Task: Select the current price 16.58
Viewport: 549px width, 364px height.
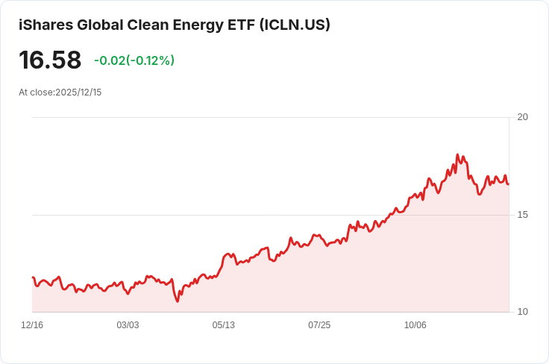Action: click(x=50, y=60)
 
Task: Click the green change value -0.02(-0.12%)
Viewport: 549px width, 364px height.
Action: click(x=134, y=60)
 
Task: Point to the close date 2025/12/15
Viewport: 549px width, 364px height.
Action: click(x=79, y=92)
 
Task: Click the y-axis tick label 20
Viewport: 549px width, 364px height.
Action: click(x=522, y=117)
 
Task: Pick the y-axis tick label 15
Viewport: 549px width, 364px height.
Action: click(x=522, y=215)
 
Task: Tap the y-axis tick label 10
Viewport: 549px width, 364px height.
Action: click(x=522, y=312)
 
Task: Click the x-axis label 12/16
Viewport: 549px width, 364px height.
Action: click(x=32, y=325)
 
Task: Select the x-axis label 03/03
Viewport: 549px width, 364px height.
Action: click(x=128, y=325)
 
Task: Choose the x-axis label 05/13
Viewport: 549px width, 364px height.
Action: click(x=223, y=325)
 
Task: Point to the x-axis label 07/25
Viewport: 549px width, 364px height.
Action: click(x=319, y=325)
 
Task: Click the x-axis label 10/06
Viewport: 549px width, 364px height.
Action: click(x=415, y=325)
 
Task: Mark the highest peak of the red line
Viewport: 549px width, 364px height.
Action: click(x=457, y=155)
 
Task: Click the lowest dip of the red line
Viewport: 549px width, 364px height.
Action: click(x=178, y=301)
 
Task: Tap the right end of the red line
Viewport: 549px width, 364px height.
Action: click(x=508, y=184)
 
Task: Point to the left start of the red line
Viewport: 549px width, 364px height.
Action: click(x=33, y=277)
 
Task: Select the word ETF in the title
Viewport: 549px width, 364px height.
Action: click(x=239, y=25)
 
